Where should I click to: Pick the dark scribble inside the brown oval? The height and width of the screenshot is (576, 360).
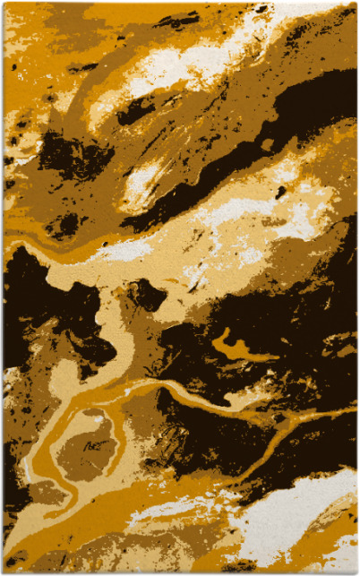85,443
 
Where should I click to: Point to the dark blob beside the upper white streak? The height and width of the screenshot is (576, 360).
134,112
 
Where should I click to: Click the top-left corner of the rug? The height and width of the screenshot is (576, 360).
4,3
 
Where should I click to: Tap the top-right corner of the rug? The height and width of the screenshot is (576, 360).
356,3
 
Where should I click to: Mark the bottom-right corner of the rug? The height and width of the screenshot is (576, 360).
356,572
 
